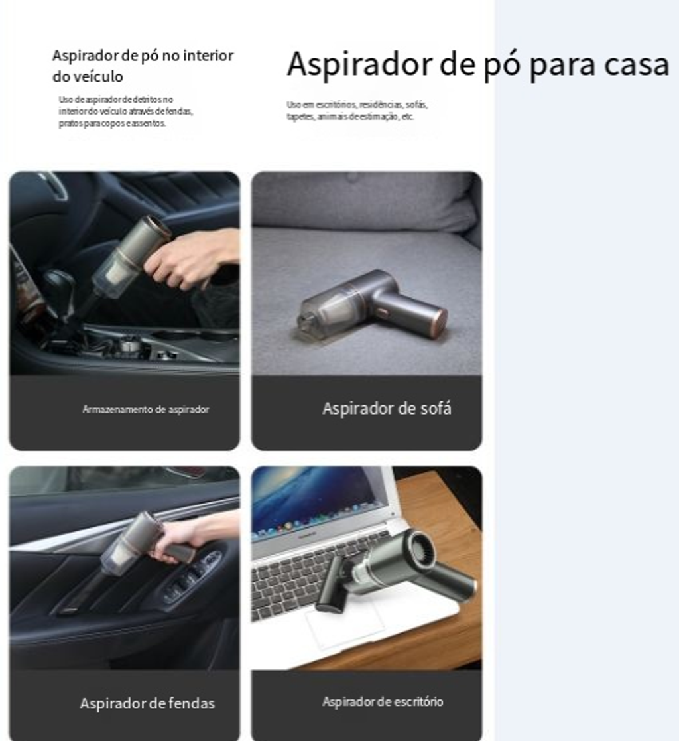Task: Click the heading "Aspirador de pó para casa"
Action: (x=477, y=64)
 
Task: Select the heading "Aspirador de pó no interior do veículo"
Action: (x=143, y=66)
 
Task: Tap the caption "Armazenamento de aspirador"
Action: (x=145, y=409)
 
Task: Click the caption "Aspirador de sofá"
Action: (x=387, y=408)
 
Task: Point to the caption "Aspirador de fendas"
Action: (x=147, y=703)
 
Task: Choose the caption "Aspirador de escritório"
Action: (x=382, y=702)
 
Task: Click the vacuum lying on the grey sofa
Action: (x=372, y=304)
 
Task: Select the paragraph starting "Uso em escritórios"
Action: (x=357, y=111)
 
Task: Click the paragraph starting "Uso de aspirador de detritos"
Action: (x=126, y=111)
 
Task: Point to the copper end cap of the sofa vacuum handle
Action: (x=440, y=324)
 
